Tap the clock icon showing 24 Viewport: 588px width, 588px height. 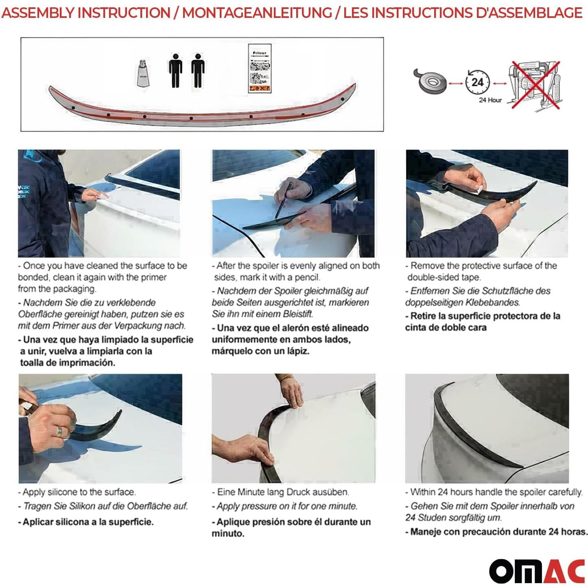tap(477, 82)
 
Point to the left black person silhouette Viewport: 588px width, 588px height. tap(175, 71)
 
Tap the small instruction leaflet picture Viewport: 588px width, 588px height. tap(260, 68)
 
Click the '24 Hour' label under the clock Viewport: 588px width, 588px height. tap(490, 100)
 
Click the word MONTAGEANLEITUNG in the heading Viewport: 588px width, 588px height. tap(257, 13)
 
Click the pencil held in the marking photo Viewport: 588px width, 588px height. tap(284, 200)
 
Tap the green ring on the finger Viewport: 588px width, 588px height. tap(60, 431)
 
